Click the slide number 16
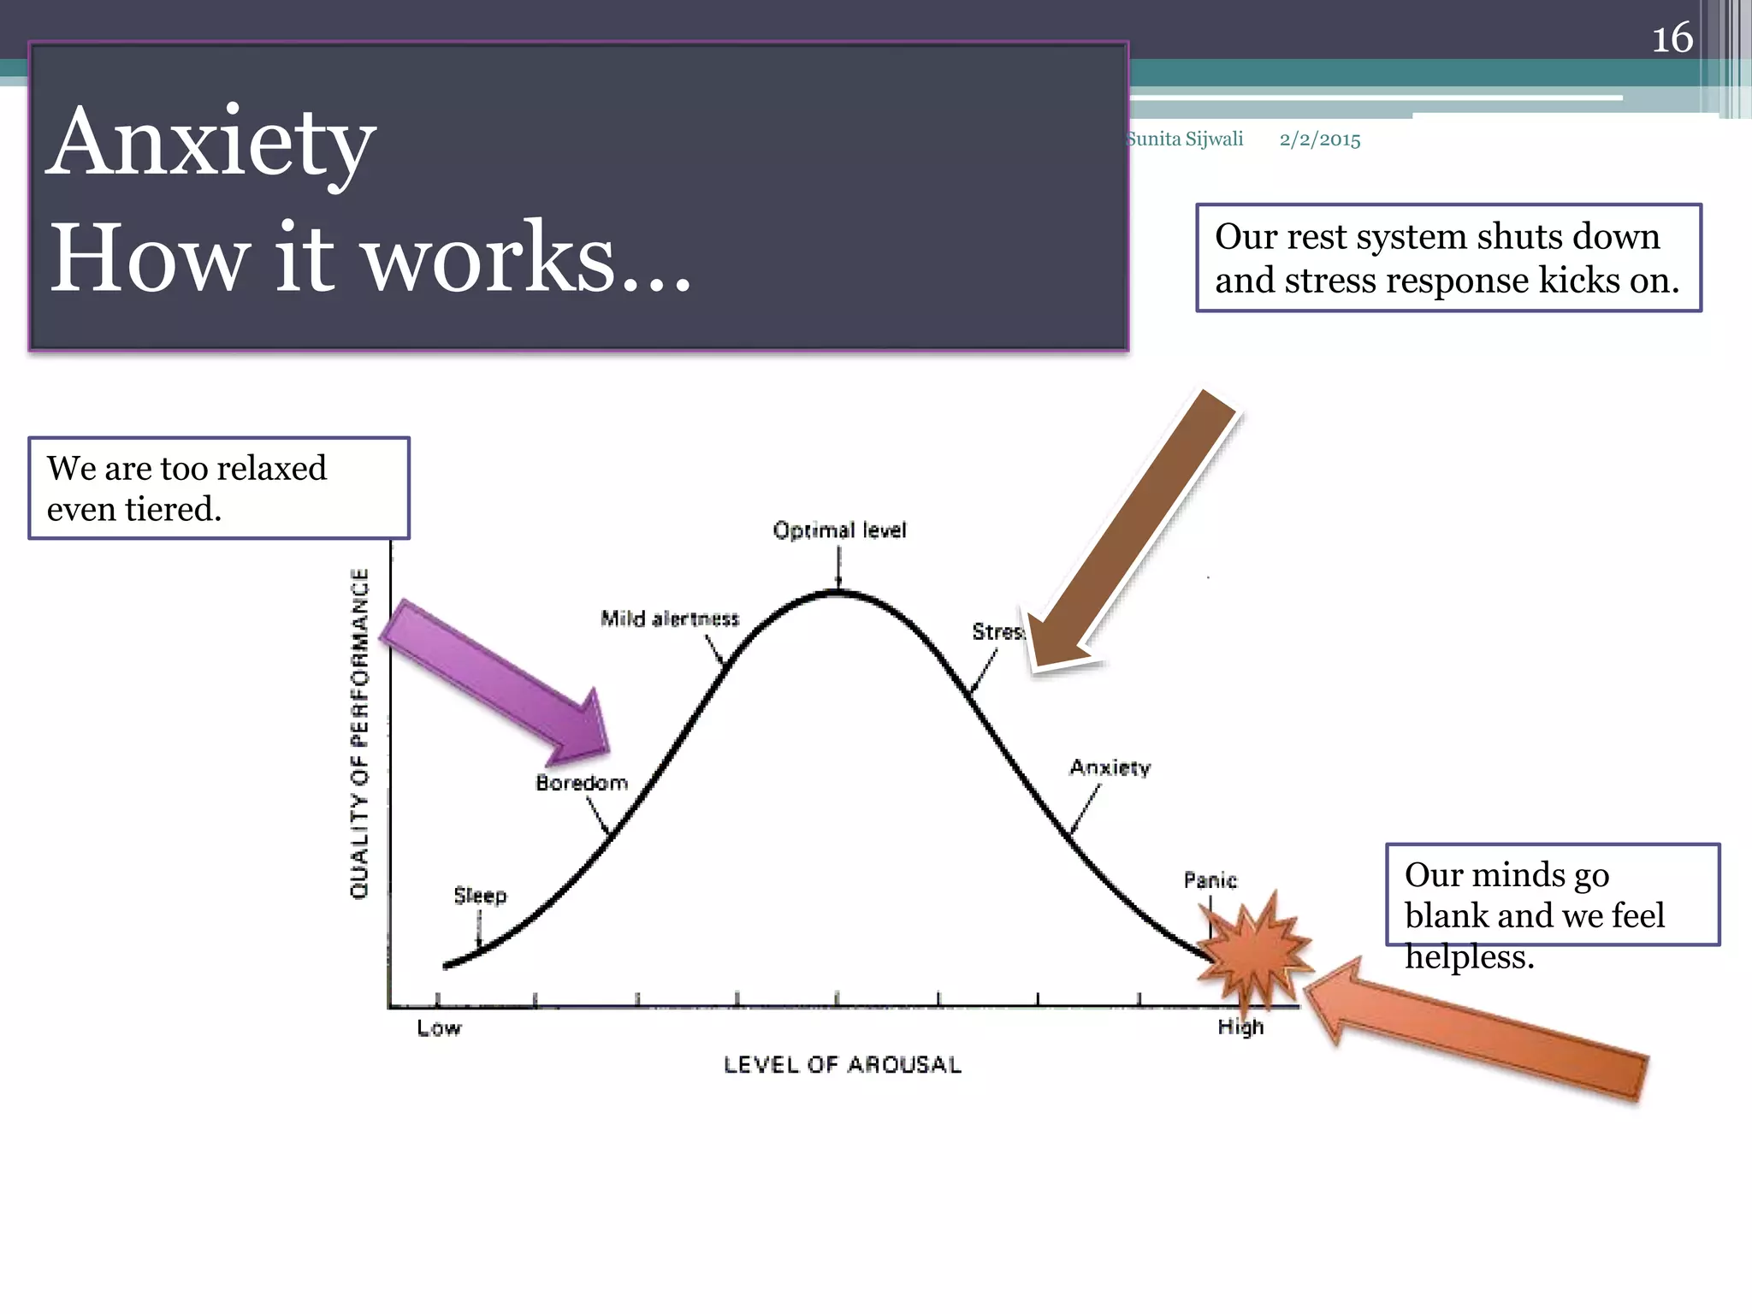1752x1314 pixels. click(1672, 38)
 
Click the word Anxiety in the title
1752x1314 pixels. click(211, 143)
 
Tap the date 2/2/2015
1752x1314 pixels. click(1319, 139)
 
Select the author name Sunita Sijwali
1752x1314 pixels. click(1186, 139)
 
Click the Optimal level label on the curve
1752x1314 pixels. click(838, 530)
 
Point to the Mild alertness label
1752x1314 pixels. click(669, 619)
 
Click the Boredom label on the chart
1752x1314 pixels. click(581, 783)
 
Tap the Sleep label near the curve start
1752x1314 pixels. click(480, 896)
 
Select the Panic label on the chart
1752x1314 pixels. click(1210, 880)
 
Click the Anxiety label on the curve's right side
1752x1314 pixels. click(1110, 767)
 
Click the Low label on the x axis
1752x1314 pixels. click(439, 1028)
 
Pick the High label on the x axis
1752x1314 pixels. click(1240, 1027)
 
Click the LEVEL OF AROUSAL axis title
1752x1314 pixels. click(842, 1065)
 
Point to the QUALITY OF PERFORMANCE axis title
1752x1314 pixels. click(360, 733)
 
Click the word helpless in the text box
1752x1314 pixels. click(1468, 956)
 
